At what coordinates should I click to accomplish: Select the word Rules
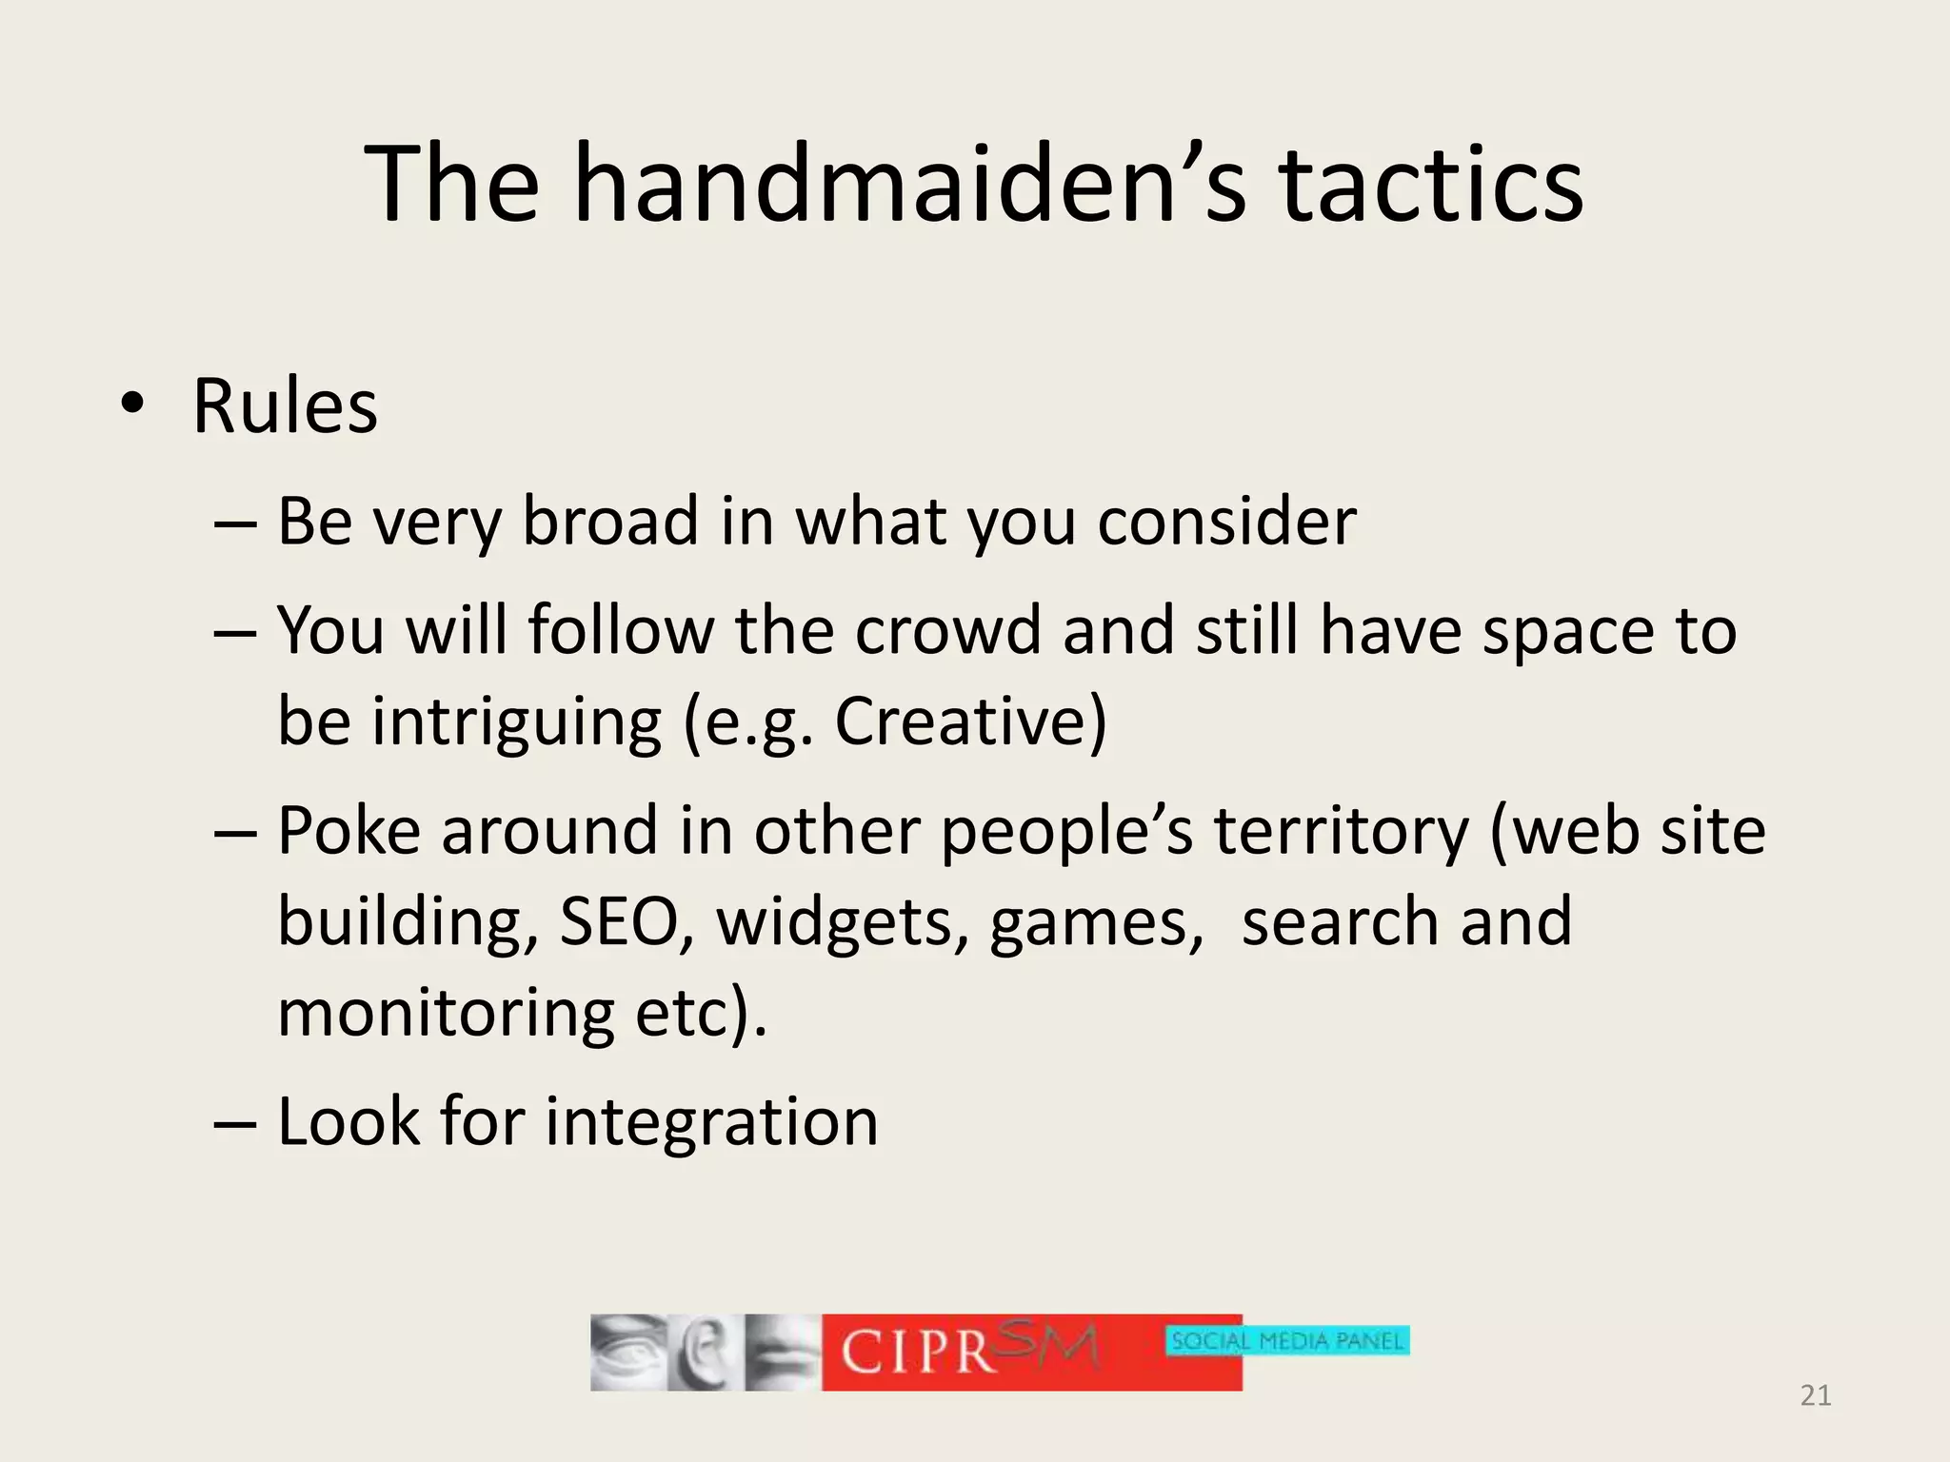[x=285, y=406]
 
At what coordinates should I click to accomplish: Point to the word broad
[x=610, y=522]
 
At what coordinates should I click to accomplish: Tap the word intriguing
[x=516, y=721]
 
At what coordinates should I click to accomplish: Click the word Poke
[x=348, y=831]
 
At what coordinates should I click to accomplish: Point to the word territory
[x=1342, y=831]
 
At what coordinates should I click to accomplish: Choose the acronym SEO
[x=618, y=921]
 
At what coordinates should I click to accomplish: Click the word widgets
[x=835, y=921]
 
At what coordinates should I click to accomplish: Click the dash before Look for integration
[x=235, y=1123]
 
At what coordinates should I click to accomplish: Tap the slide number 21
[x=1815, y=1395]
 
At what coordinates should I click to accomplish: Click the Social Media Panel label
[x=1286, y=1341]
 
